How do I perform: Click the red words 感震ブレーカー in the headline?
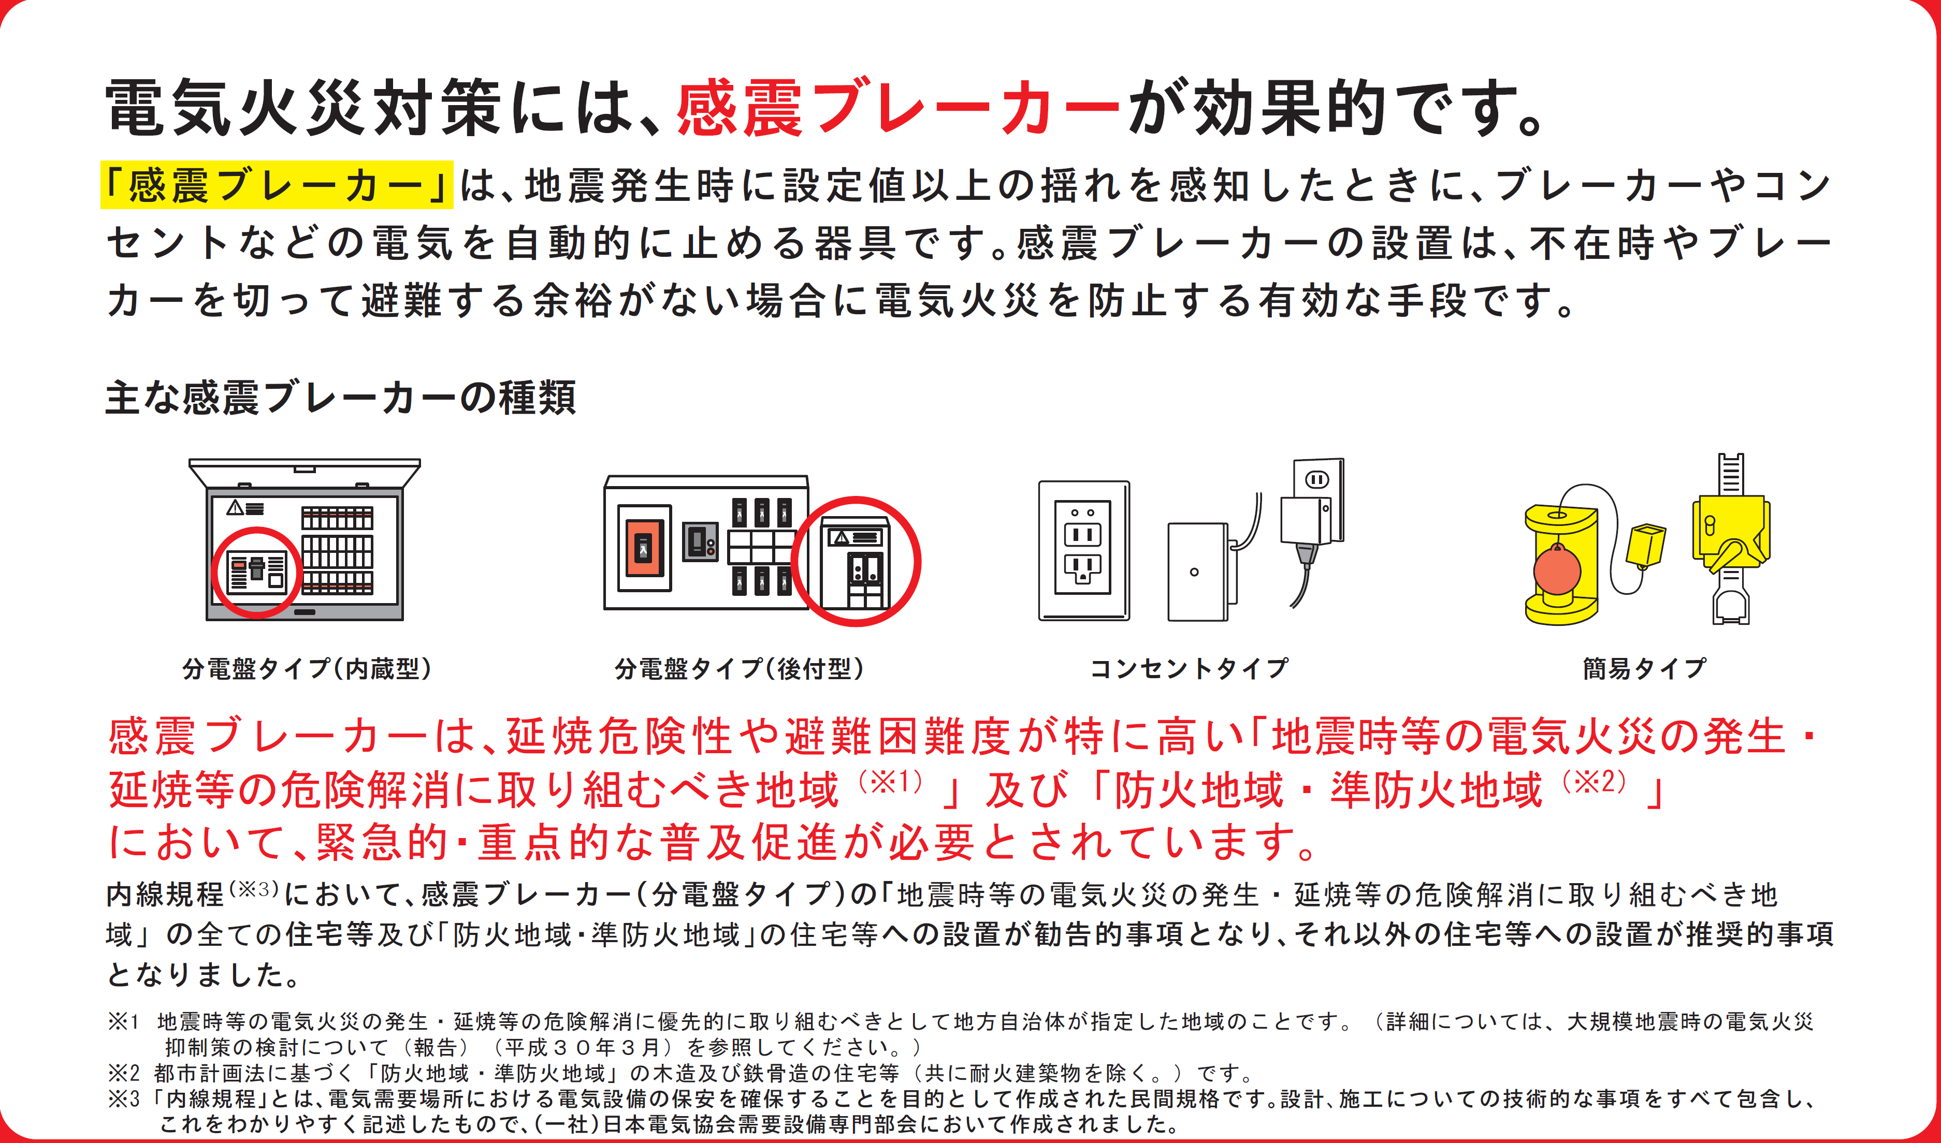tap(897, 108)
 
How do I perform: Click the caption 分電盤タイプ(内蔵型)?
tap(307, 668)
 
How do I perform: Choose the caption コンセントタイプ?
tap(1189, 668)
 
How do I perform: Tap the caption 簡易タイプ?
tap(1644, 668)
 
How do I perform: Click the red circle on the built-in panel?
tap(256, 572)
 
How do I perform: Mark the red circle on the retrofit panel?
tap(856, 562)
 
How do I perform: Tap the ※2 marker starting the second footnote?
tap(123, 1073)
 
